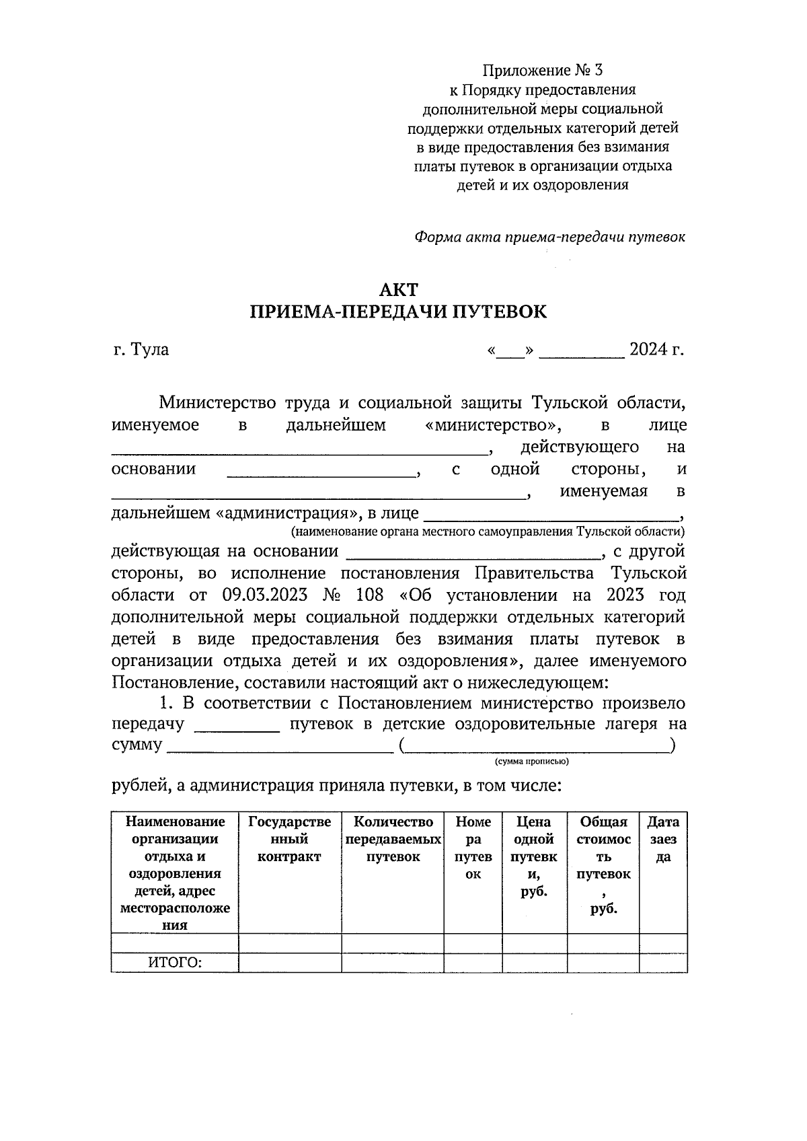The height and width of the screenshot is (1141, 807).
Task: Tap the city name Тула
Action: tap(150, 350)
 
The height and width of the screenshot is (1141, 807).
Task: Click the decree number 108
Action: tap(371, 595)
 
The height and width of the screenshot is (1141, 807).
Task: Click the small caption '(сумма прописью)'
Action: tap(531, 762)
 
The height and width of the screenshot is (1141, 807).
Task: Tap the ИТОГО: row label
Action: tap(175, 963)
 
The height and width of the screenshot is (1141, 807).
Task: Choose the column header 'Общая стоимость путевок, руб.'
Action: tap(603, 864)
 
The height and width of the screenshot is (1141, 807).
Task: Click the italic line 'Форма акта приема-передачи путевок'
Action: tap(549, 237)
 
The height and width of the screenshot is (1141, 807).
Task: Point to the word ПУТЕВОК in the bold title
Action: tap(500, 312)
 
